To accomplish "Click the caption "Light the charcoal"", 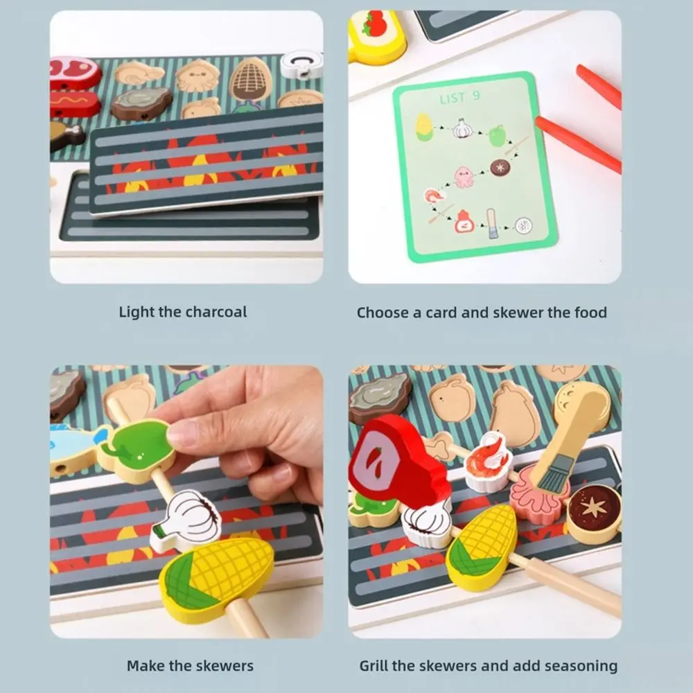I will click(182, 312).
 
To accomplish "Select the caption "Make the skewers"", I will click(190, 666).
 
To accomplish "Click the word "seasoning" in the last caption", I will click(574, 666).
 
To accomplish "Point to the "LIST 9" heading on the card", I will click(459, 98).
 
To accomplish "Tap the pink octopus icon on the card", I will click(464, 176).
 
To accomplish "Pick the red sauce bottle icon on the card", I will click(464, 221).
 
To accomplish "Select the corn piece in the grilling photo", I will click(480, 545).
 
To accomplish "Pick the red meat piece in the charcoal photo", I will click(74, 73).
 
